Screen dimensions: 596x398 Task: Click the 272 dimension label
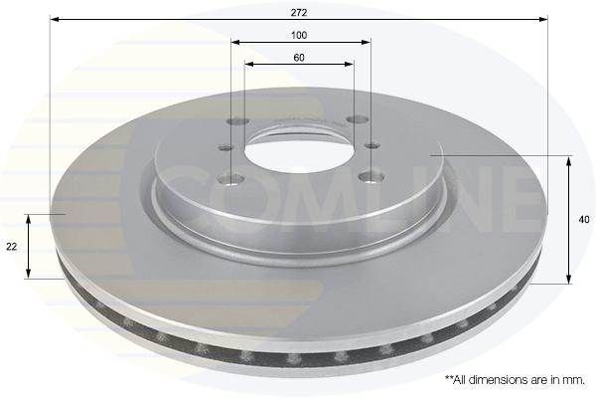coord(299,13)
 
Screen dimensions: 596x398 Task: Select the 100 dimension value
coord(299,36)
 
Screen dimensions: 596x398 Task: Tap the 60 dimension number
coord(299,58)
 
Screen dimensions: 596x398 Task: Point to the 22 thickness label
coord(12,247)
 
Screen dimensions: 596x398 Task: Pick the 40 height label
coord(584,220)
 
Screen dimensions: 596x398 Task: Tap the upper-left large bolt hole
coord(238,121)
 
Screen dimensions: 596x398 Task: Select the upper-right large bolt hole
coord(358,119)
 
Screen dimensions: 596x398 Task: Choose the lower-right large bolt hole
coord(372,176)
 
